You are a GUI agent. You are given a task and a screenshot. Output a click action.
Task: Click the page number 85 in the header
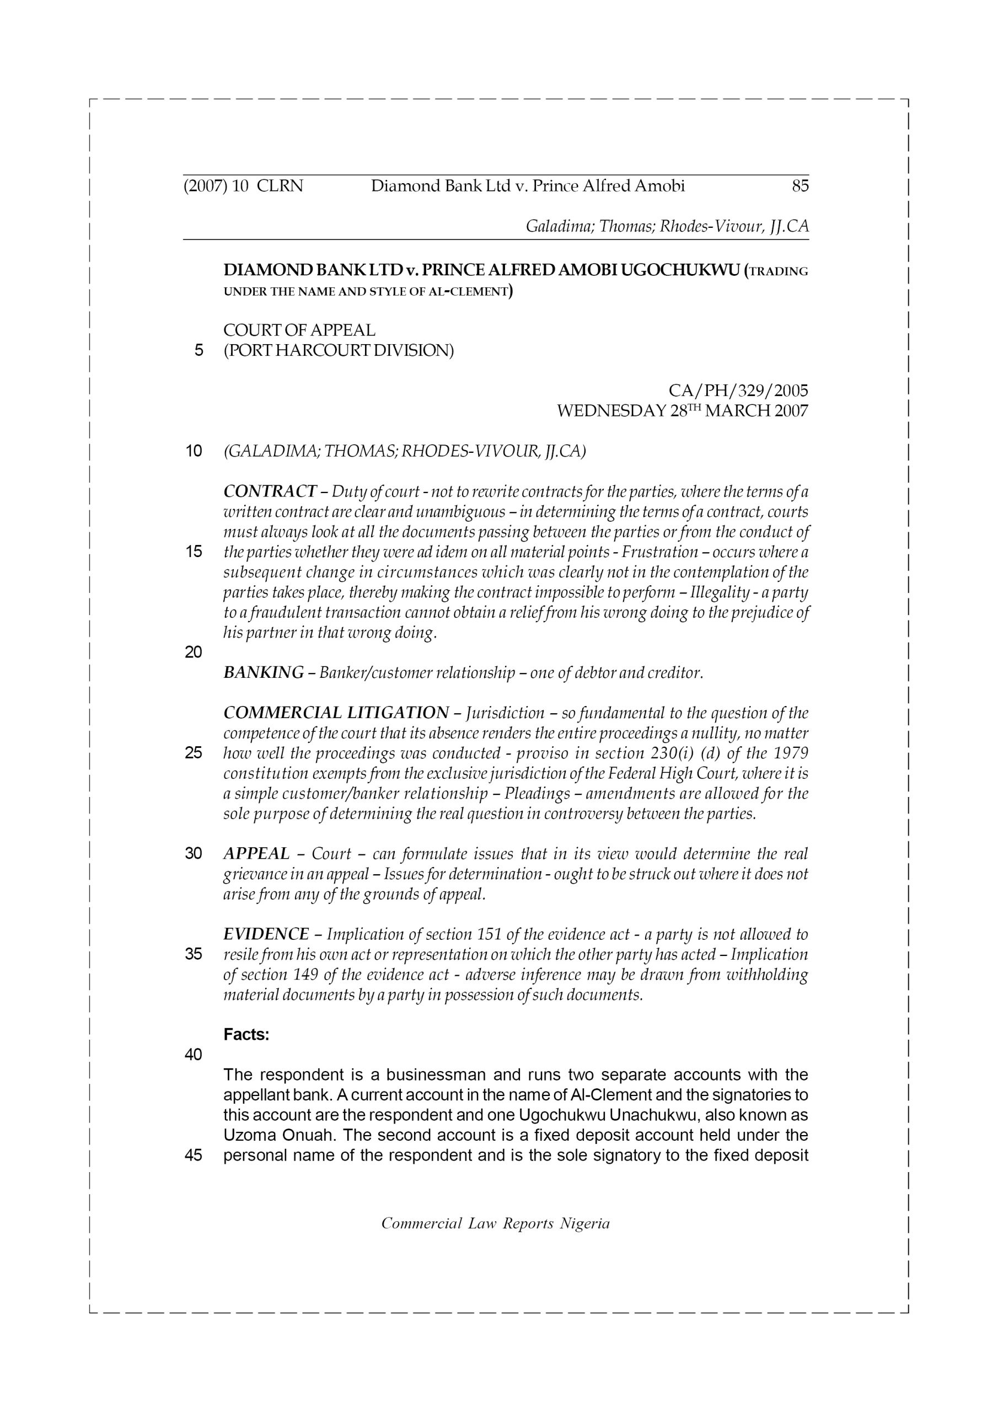pos(800,186)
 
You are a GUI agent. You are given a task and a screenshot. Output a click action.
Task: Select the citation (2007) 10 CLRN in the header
pos(243,186)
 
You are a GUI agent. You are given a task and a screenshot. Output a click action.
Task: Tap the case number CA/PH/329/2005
pos(738,391)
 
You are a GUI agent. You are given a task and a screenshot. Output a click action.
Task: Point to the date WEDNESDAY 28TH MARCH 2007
pos(682,411)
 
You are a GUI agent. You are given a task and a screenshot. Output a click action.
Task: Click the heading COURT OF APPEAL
pos(299,330)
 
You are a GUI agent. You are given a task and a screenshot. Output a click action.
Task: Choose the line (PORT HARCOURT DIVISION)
pos(338,351)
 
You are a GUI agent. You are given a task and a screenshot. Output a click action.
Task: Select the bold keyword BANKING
pos(263,672)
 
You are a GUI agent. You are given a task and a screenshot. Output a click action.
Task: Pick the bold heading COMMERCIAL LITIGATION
pos(336,713)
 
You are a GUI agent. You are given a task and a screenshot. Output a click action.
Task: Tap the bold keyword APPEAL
pos(256,854)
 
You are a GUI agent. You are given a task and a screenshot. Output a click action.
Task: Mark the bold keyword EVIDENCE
pos(266,934)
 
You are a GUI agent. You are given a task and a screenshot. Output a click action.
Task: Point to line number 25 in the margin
pos(194,753)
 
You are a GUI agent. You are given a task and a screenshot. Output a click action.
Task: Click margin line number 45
pos(194,1155)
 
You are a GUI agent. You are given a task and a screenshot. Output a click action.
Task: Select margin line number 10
pos(194,451)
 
